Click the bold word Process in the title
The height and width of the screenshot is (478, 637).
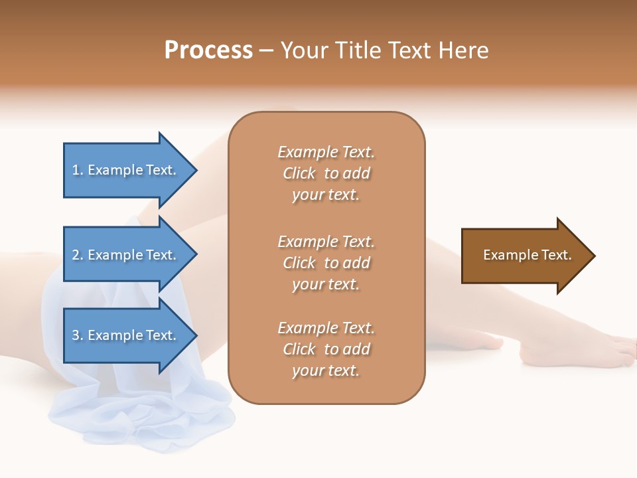point(208,50)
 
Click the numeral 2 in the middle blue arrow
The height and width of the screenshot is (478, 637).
point(76,255)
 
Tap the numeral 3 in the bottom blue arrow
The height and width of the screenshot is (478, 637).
point(76,335)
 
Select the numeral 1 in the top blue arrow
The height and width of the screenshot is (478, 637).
point(75,170)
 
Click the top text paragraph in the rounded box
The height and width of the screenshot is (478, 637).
point(326,173)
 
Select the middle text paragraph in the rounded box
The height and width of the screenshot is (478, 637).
point(326,263)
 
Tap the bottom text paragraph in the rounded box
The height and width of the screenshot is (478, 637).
point(326,349)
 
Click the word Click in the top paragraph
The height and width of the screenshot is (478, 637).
point(299,173)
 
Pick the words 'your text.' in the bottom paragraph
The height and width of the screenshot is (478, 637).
point(326,370)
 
